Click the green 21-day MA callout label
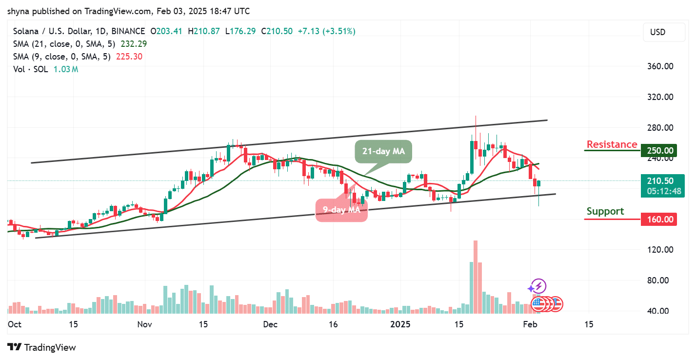pyautogui.click(x=383, y=151)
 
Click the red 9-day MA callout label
pyautogui.click(x=341, y=210)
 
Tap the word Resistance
pyautogui.click(x=612, y=144)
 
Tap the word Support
pyautogui.click(x=605, y=211)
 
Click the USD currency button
pyautogui.click(x=657, y=32)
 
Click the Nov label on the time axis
pyautogui.click(x=145, y=324)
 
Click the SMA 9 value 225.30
pyautogui.click(x=129, y=57)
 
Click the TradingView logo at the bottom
pyautogui.click(x=42, y=347)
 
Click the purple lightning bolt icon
pyautogui.click(x=538, y=287)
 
